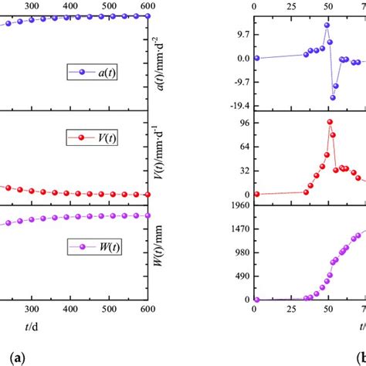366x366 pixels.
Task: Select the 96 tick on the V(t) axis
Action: [244, 124]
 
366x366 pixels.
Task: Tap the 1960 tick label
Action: [239, 205]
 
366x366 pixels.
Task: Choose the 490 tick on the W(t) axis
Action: [242, 276]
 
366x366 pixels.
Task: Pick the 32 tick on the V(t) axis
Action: [244, 171]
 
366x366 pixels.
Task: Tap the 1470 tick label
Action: [239, 229]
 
